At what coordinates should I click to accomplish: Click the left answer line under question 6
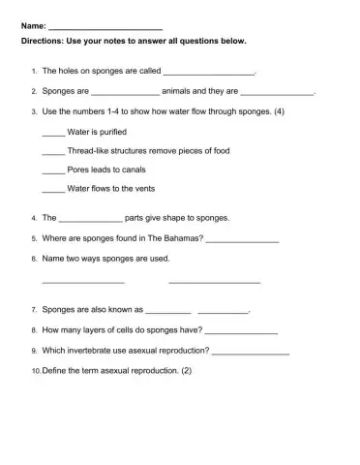tap(84, 282)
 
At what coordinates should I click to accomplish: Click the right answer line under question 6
tap(214, 282)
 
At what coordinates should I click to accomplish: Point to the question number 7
tap(34, 310)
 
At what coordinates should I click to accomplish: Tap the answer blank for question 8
tap(242, 331)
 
